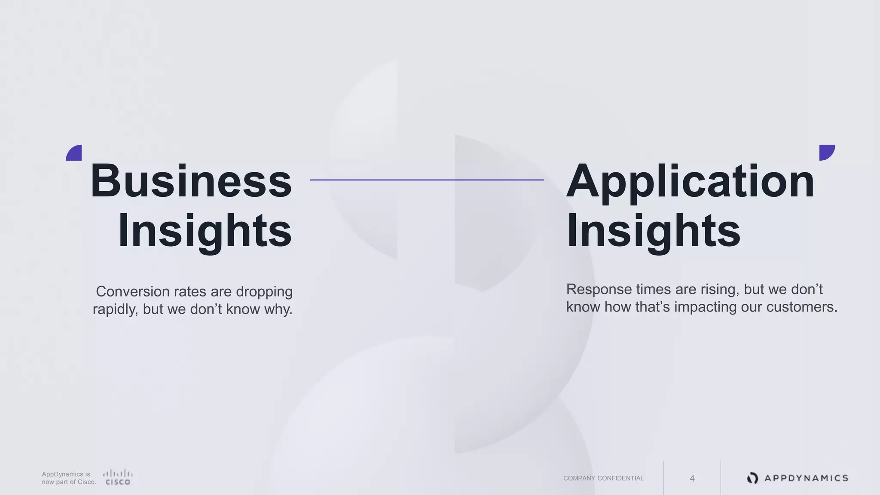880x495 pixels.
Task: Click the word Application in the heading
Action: pyautogui.click(x=690, y=181)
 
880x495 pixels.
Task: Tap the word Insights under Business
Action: pyautogui.click(x=205, y=231)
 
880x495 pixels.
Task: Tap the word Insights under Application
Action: pyautogui.click(x=653, y=231)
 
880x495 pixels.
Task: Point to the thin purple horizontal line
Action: pyautogui.click(x=427, y=180)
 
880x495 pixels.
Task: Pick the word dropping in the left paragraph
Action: pyautogui.click(x=264, y=292)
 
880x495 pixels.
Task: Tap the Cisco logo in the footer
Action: pyautogui.click(x=118, y=477)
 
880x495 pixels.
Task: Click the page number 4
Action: pyautogui.click(x=692, y=478)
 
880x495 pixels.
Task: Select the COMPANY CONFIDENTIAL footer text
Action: pyautogui.click(x=603, y=478)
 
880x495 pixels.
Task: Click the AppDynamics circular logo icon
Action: pyautogui.click(x=752, y=478)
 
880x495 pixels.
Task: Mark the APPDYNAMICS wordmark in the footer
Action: pyautogui.click(x=806, y=478)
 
